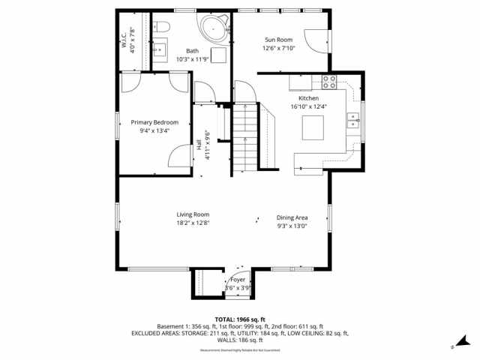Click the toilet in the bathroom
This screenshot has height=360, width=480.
coord(162,28)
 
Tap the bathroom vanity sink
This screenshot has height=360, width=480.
coord(160,50)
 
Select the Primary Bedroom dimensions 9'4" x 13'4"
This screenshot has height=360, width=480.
coord(154,130)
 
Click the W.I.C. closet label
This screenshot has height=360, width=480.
coord(123,39)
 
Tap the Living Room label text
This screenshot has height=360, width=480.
coord(193,214)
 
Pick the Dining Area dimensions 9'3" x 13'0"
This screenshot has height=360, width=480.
coord(292,225)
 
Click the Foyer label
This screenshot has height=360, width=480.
coord(238,280)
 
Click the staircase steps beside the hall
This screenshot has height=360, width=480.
coord(241,139)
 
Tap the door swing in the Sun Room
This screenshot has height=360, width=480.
coord(318,41)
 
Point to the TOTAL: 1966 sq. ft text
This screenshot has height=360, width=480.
coord(240,319)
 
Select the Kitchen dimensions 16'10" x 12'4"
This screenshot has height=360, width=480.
coord(309,106)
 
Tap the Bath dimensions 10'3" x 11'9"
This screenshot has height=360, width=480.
coord(193,59)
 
